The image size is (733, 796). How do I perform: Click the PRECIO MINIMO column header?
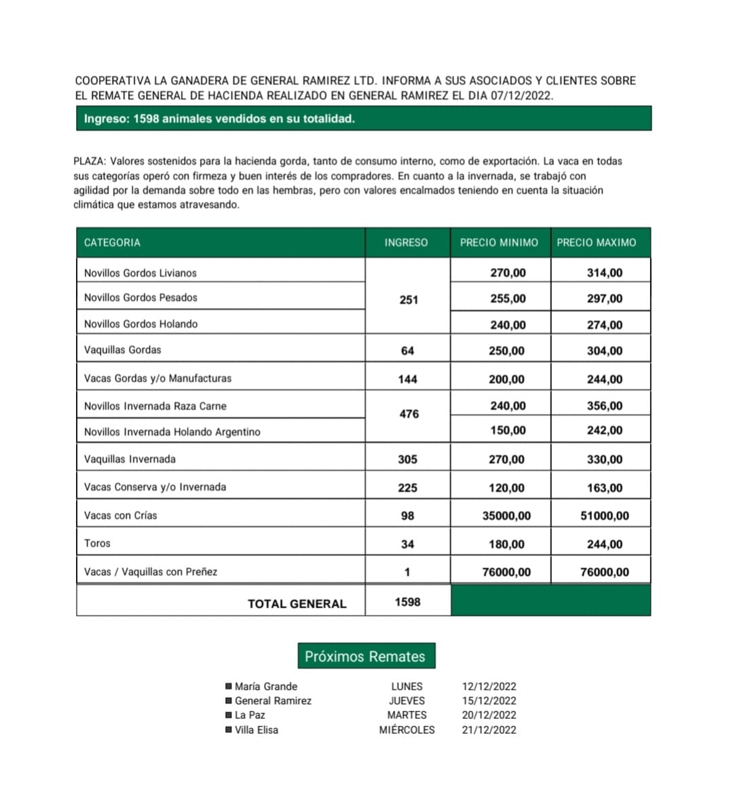pos(499,242)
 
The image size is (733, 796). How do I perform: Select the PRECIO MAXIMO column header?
pos(597,242)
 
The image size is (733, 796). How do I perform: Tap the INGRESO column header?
pos(406,242)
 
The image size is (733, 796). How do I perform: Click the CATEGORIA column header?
pos(112,242)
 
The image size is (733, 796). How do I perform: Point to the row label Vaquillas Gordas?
pos(123,350)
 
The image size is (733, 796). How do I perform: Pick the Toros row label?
pos(97,544)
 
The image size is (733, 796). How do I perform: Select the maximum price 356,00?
pos(604,406)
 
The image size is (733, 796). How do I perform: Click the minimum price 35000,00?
pos(506,516)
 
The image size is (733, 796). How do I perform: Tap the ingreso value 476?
pos(409,414)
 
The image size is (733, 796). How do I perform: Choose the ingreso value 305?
pos(407,459)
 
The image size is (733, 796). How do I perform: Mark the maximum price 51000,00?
pos(604,516)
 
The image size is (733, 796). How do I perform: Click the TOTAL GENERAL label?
pos(297,604)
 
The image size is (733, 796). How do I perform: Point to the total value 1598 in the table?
pos(407,602)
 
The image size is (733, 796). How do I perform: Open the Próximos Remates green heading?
pos(365,656)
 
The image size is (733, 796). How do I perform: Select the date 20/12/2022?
pos(489,715)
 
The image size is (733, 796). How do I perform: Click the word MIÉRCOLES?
pos(407,730)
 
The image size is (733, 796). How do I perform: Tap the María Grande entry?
pos(265,687)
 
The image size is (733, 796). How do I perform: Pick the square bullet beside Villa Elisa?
pos(229,730)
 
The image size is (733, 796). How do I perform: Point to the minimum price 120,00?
pos(506,488)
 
